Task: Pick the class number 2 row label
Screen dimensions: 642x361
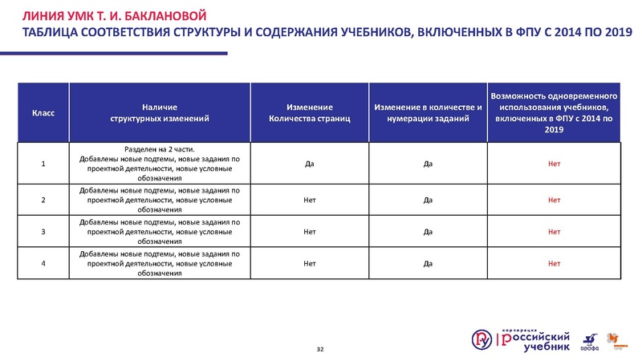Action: tap(43, 200)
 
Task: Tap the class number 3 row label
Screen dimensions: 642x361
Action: tap(43, 233)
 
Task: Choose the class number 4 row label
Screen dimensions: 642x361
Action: tap(43, 263)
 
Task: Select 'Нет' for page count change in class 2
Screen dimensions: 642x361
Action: tap(309, 200)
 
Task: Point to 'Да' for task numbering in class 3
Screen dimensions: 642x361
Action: tap(428, 233)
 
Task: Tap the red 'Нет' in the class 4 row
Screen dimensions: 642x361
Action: tap(554, 263)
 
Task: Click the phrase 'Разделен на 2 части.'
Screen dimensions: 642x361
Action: tap(159, 148)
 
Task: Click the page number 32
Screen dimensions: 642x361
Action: tap(321, 349)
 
